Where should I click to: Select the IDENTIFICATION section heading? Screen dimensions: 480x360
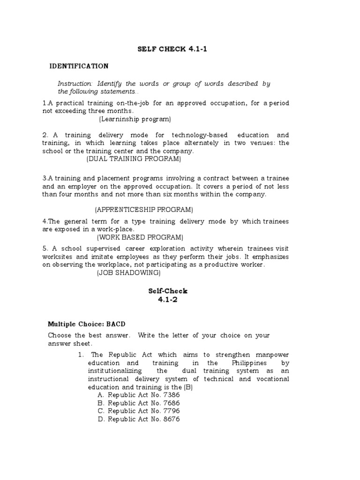[79, 66]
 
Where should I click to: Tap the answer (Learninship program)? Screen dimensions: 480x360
[135, 119]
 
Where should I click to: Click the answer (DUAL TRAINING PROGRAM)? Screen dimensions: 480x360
[134, 159]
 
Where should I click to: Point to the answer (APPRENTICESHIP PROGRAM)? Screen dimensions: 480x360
[143, 209]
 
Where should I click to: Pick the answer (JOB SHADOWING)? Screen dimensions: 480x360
[128, 272]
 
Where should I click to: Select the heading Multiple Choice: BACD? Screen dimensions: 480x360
[87, 324]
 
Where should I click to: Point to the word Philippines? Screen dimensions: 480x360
[249, 363]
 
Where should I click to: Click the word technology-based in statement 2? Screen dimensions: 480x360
[195, 135]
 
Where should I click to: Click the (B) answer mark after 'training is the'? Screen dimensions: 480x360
[188, 387]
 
